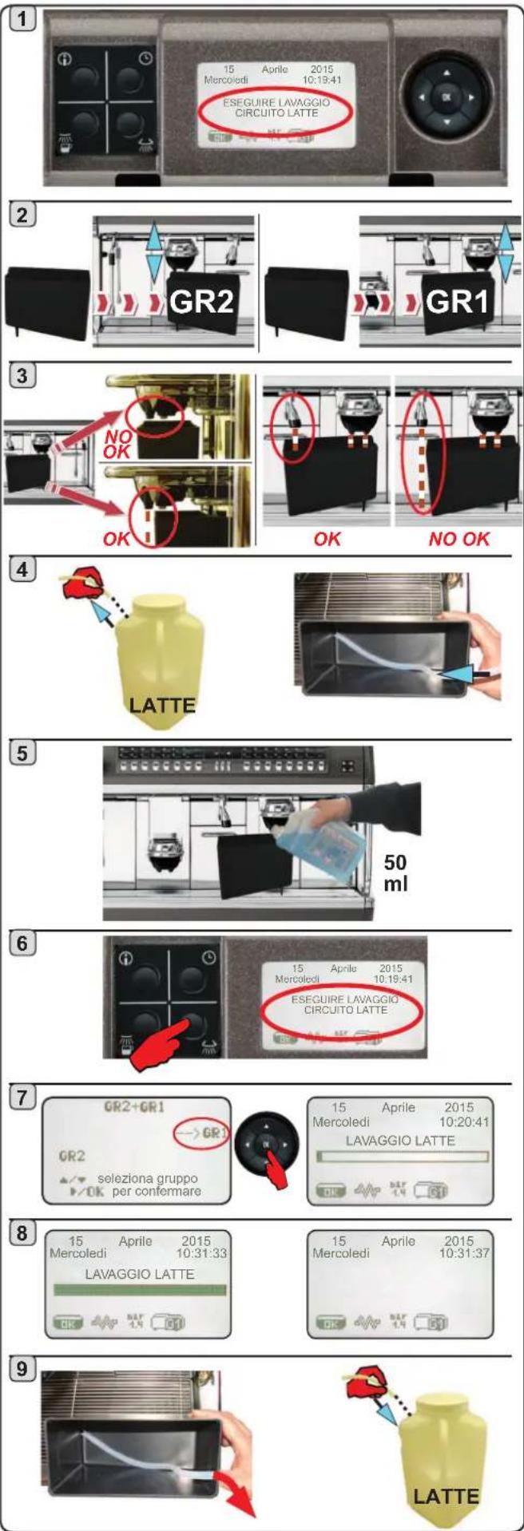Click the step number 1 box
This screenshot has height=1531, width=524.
pyautogui.click(x=26, y=18)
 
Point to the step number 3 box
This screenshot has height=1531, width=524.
pyautogui.click(x=24, y=375)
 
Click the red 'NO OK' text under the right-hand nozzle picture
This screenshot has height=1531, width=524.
pyautogui.click(x=458, y=538)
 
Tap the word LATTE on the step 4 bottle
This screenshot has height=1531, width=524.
pyautogui.click(x=161, y=705)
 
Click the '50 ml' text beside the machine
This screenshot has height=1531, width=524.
pyautogui.click(x=396, y=872)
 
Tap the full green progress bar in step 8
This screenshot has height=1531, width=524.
pyautogui.click(x=140, y=1290)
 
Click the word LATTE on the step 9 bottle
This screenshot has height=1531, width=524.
pyautogui.click(x=446, y=1494)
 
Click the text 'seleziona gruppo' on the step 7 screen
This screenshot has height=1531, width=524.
pyautogui.click(x=147, y=1178)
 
